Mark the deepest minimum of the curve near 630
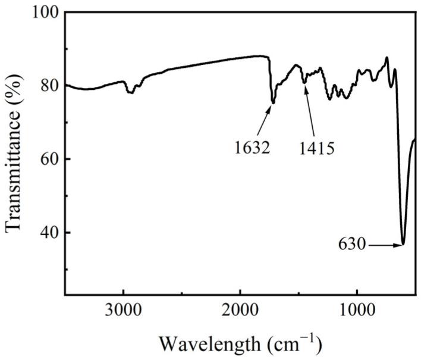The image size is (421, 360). pyautogui.click(x=403, y=244)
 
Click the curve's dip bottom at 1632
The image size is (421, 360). pyautogui.click(x=273, y=103)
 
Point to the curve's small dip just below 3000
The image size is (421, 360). pyautogui.click(x=131, y=93)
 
